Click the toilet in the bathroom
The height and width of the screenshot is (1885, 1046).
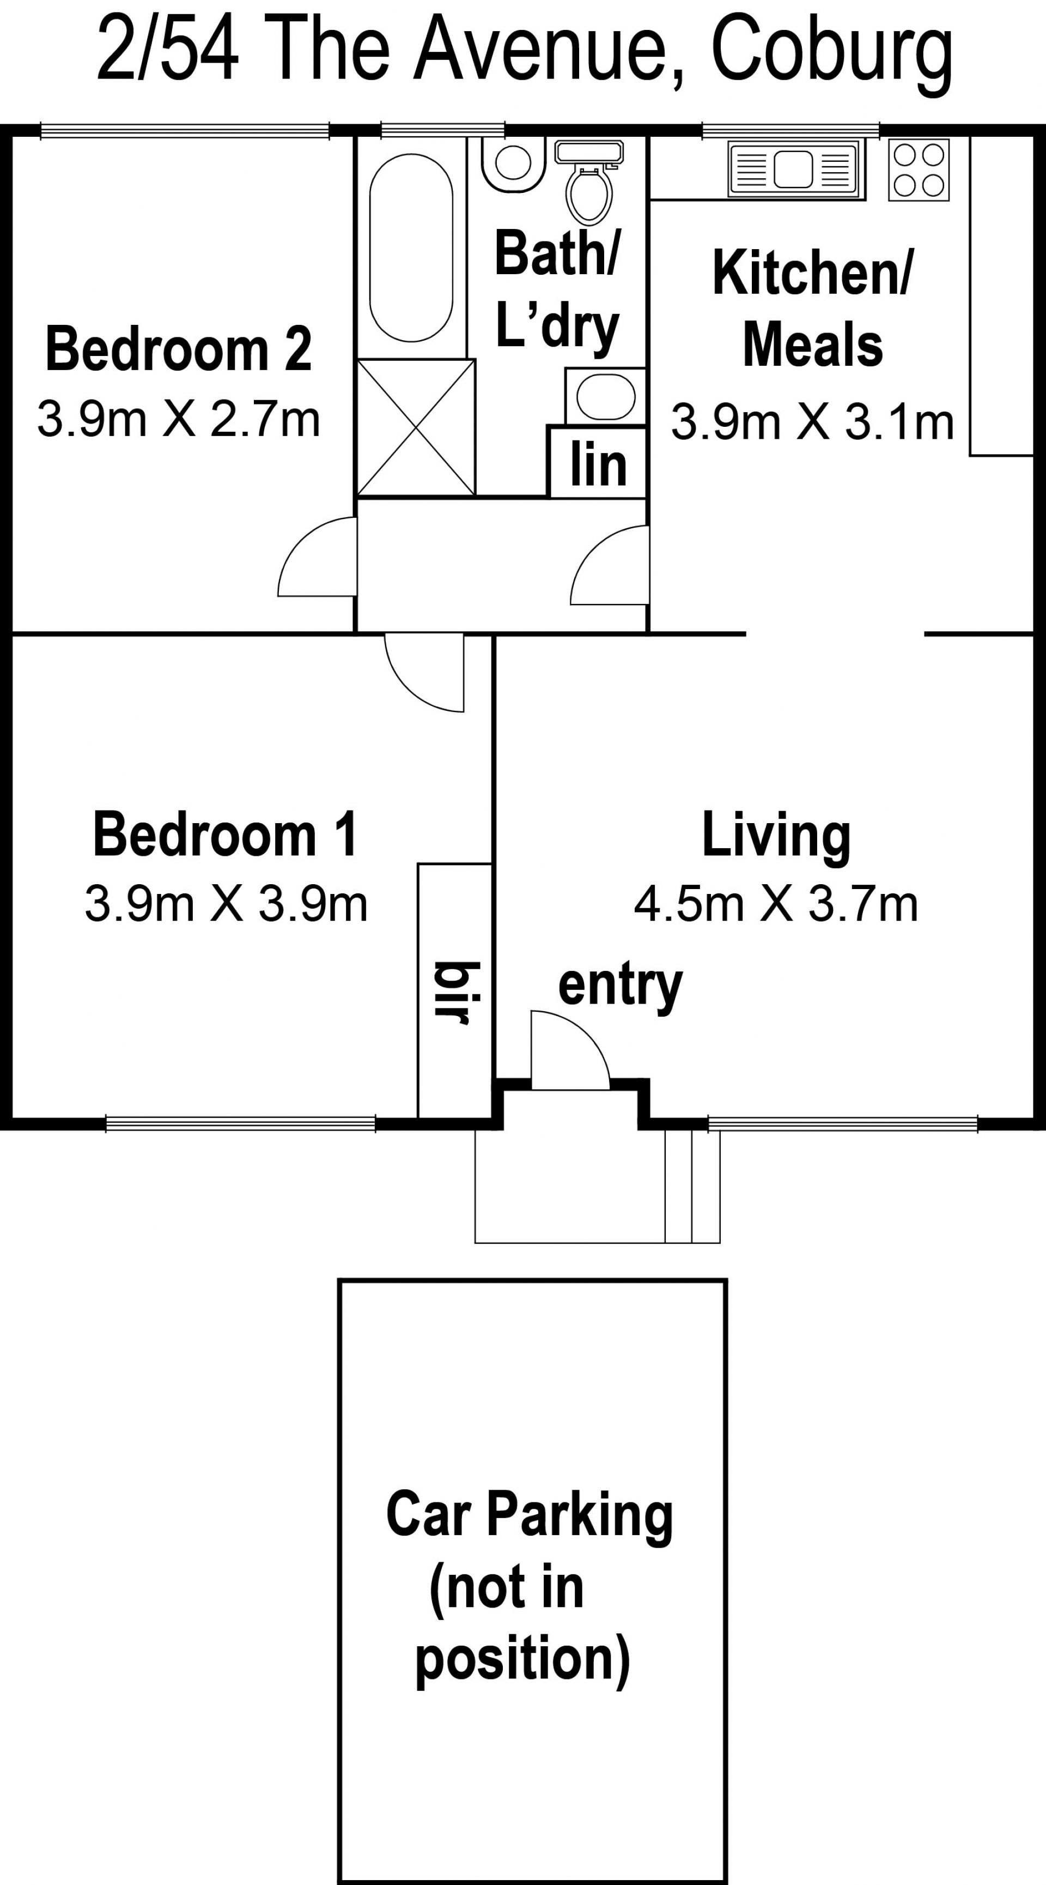point(589,183)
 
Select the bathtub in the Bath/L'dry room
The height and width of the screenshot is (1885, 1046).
point(411,247)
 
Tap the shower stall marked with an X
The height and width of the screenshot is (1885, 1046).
point(416,427)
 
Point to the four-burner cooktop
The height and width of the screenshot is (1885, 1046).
point(919,170)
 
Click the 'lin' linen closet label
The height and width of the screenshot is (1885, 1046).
point(598,464)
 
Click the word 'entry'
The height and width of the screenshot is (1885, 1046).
point(621,986)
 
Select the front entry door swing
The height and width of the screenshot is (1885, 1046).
point(570,1049)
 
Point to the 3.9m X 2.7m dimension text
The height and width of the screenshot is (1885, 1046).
point(179,420)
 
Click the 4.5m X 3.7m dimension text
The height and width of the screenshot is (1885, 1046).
point(775,904)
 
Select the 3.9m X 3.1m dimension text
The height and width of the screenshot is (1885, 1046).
point(813,422)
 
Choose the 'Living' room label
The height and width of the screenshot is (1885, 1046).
point(776,835)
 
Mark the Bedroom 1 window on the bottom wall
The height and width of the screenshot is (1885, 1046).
point(241,1124)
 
